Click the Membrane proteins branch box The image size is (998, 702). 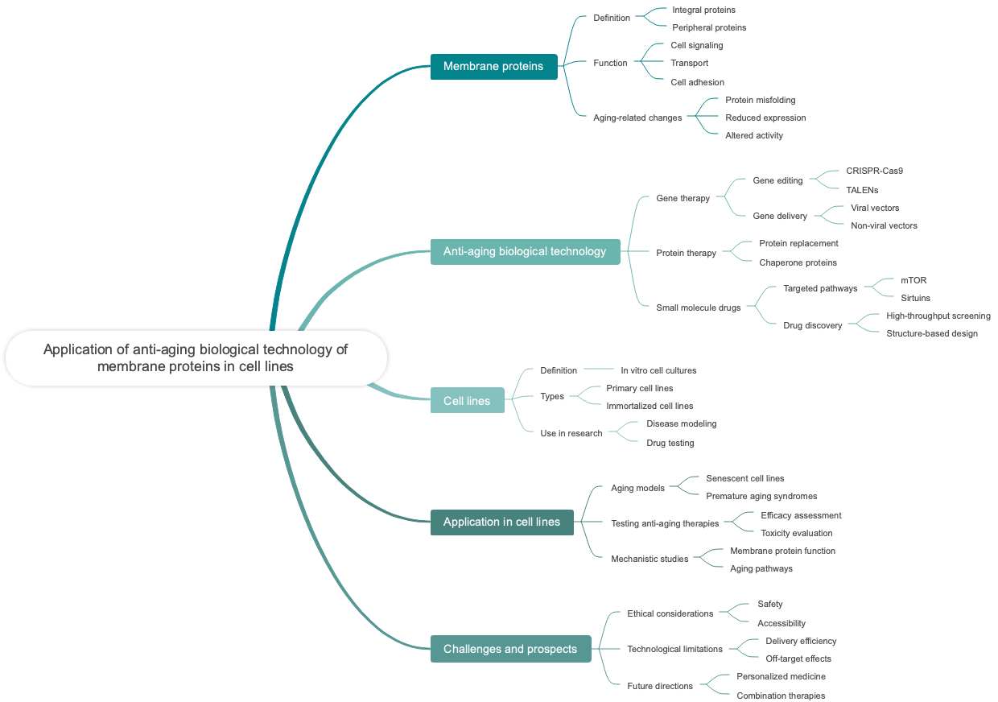pyautogui.click(x=493, y=66)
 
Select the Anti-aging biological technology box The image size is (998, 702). pyautogui.click(x=525, y=251)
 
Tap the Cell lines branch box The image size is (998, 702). pyautogui.click(x=467, y=401)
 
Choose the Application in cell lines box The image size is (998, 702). pyautogui.click(x=501, y=522)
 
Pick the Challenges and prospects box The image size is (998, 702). pyautogui.click(x=510, y=649)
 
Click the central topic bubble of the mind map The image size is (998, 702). pyautogui.click(x=196, y=357)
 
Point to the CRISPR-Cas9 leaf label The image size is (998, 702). pyautogui.click(x=874, y=171)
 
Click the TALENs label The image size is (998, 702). pyautogui.click(x=862, y=190)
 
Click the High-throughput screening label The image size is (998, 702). pyautogui.click(x=938, y=316)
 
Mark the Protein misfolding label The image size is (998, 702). pyautogui.click(x=760, y=100)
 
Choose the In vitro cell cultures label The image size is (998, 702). pyautogui.click(x=658, y=370)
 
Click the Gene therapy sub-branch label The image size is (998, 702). pyautogui.click(x=683, y=198)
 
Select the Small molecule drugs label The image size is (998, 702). pyautogui.click(x=698, y=308)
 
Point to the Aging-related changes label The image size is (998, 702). pyautogui.click(x=637, y=118)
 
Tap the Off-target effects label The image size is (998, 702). pyautogui.click(x=798, y=659)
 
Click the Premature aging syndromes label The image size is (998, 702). pyautogui.click(x=761, y=496)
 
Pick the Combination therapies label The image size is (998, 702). pyautogui.click(x=780, y=696)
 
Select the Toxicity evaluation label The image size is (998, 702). pyautogui.click(x=796, y=533)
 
